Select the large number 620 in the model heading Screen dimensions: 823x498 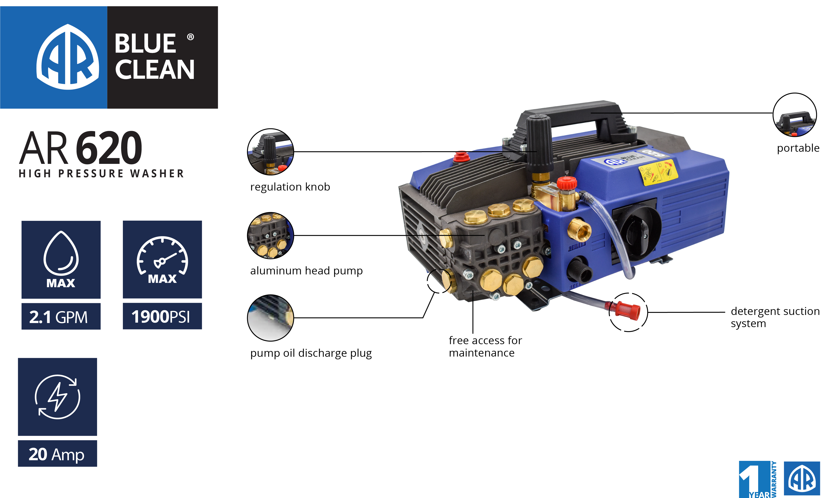coord(109,148)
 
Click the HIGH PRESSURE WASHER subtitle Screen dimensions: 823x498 coord(101,174)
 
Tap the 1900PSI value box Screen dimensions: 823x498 coord(162,316)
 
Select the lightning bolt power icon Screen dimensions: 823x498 coord(57,397)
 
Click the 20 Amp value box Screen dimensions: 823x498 coord(57,454)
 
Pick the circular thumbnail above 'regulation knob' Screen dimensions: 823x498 coord(270,152)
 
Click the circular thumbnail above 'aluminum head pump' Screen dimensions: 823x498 coord(270,236)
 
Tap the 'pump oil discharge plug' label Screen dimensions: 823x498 coord(311,353)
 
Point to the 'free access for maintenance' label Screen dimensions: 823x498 coord(485,346)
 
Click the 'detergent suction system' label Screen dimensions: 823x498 coord(775,317)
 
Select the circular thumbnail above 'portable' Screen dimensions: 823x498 coord(795,115)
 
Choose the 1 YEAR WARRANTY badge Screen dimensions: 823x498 coord(758,479)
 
